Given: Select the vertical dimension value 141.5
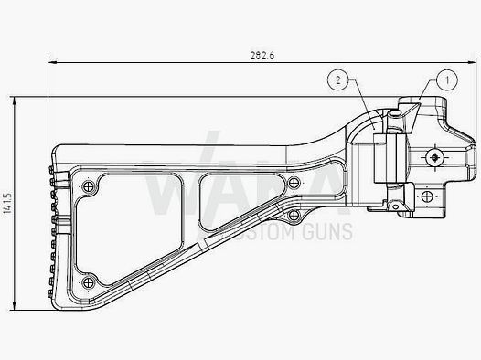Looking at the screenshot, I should tap(7, 204).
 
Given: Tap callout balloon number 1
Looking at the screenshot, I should tap(447, 80).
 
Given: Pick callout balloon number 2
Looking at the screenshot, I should tap(337, 81).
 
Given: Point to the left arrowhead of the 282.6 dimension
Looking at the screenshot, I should tap(51, 63).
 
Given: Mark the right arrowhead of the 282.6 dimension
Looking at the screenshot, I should tap(474, 63).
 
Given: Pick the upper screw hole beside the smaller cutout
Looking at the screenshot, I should tap(294, 184).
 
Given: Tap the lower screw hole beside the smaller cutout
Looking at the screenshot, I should tap(294, 216).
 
